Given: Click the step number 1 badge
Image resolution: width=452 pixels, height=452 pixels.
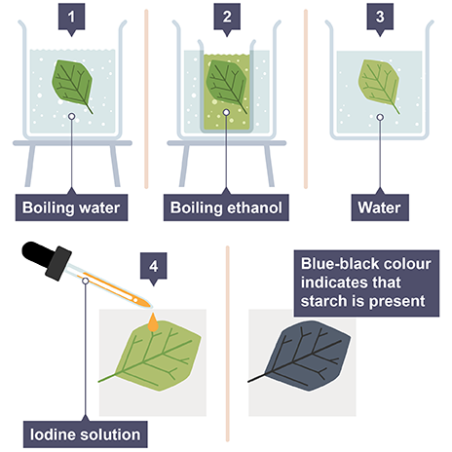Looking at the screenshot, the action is click(x=71, y=18).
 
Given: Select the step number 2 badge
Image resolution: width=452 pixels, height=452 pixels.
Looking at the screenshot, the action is click(x=227, y=18).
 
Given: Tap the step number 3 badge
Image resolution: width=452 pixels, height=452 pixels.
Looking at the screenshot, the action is click(x=380, y=18).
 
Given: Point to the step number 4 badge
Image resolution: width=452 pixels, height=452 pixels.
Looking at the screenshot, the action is click(x=153, y=267).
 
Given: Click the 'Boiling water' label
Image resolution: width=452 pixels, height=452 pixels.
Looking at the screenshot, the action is click(x=71, y=207).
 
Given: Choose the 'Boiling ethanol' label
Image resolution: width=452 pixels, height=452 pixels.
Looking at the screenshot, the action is click(x=226, y=207).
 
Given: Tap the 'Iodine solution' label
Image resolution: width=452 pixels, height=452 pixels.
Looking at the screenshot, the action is click(x=86, y=434).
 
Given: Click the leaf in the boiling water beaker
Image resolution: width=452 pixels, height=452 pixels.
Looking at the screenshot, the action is click(x=72, y=84).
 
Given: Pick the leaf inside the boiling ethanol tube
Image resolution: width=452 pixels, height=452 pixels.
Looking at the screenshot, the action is click(x=226, y=83).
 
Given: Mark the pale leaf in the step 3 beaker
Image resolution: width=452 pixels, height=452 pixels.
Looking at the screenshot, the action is click(x=379, y=84).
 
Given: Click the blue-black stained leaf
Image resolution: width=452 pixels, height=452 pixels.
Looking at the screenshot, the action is click(x=305, y=356).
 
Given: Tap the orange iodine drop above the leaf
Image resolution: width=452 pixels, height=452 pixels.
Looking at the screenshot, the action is click(x=153, y=322).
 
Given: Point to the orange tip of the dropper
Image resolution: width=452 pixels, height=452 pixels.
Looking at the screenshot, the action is click(x=145, y=304).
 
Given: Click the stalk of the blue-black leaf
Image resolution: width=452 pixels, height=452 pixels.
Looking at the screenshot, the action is click(x=257, y=378).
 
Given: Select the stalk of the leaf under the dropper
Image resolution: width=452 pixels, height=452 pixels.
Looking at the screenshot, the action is click(x=107, y=378).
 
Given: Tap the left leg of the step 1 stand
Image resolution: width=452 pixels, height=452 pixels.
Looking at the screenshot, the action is click(x=30, y=166).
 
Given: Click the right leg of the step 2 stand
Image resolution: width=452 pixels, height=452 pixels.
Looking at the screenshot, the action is click(x=269, y=166).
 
